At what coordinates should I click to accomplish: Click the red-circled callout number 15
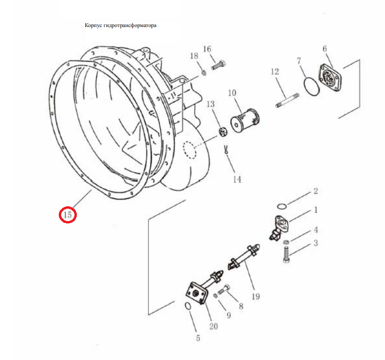pyautogui.click(x=67, y=215)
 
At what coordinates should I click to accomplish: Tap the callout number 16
pyautogui.click(x=207, y=49)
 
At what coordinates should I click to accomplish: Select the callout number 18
pyautogui.click(x=194, y=56)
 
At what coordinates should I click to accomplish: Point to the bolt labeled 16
pyautogui.click(x=218, y=65)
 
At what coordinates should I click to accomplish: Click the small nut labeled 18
pyautogui.click(x=203, y=73)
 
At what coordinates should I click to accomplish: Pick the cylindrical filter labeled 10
pyautogui.click(x=245, y=121)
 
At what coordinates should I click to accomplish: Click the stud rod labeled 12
pyautogui.click(x=287, y=100)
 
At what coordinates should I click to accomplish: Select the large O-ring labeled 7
pyautogui.click(x=312, y=86)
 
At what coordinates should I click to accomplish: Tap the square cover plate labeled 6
pyautogui.click(x=330, y=78)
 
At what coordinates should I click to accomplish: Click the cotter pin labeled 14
pyautogui.click(x=226, y=150)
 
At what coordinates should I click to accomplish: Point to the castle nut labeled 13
pyautogui.click(x=223, y=132)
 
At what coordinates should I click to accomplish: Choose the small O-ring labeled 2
pyautogui.click(x=282, y=206)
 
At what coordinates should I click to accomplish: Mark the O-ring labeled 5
pyautogui.click(x=188, y=306)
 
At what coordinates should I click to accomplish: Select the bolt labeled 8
pyautogui.click(x=224, y=289)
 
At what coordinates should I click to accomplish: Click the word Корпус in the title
pyautogui.click(x=93, y=25)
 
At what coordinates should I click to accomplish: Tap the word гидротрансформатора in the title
pyautogui.click(x=130, y=25)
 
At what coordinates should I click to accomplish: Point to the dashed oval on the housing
pyautogui.click(x=190, y=150)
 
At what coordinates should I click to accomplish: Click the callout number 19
pyautogui.click(x=256, y=296)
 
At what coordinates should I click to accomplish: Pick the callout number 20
pyautogui.click(x=213, y=326)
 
